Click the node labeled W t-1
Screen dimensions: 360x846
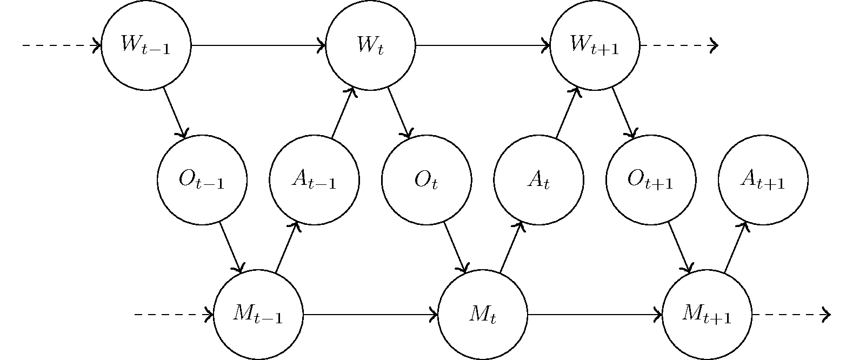(146, 45)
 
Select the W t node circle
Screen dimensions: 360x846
(370, 45)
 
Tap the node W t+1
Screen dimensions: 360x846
(595, 45)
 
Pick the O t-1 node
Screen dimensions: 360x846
(202, 179)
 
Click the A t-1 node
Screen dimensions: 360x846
(314, 179)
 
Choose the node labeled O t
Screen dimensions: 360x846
(427, 179)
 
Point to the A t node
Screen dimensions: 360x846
(538, 179)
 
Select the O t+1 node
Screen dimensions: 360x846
(651, 179)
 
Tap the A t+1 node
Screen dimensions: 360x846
(763, 179)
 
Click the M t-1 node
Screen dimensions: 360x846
(258, 314)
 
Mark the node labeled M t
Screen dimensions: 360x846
(482, 314)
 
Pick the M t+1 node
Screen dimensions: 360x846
(707, 314)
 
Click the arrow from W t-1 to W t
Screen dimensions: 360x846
(258, 45)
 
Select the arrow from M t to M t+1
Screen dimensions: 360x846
(595, 314)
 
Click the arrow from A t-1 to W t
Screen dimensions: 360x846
(342, 112)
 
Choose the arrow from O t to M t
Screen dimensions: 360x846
(455, 247)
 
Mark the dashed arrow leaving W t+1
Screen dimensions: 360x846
(678, 45)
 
